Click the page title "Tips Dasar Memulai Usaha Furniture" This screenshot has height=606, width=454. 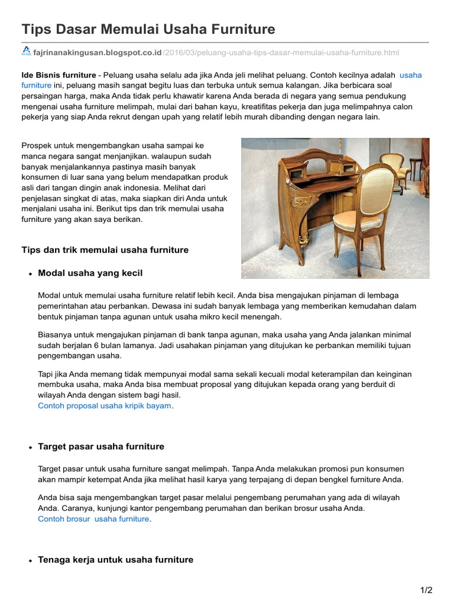[x=148, y=29]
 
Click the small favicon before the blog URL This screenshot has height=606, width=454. [x=27, y=52]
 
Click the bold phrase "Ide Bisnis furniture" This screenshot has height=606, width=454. [x=59, y=75]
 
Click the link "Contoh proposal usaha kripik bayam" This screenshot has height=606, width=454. [x=105, y=406]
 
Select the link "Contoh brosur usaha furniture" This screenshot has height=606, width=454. [x=93, y=519]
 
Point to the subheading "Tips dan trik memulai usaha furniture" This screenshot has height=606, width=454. [x=105, y=250]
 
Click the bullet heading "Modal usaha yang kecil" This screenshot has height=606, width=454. [x=90, y=273]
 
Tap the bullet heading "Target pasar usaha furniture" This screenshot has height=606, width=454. [x=101, y=446]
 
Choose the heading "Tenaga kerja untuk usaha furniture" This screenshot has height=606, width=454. [x=115, y=559]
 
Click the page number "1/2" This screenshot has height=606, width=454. [x=426, y=590]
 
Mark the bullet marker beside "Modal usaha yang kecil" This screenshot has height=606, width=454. [x=30, y=274]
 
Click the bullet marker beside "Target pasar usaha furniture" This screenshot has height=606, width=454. [x=30, y=447]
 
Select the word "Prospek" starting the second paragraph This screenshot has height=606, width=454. [x=37, y=145]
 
